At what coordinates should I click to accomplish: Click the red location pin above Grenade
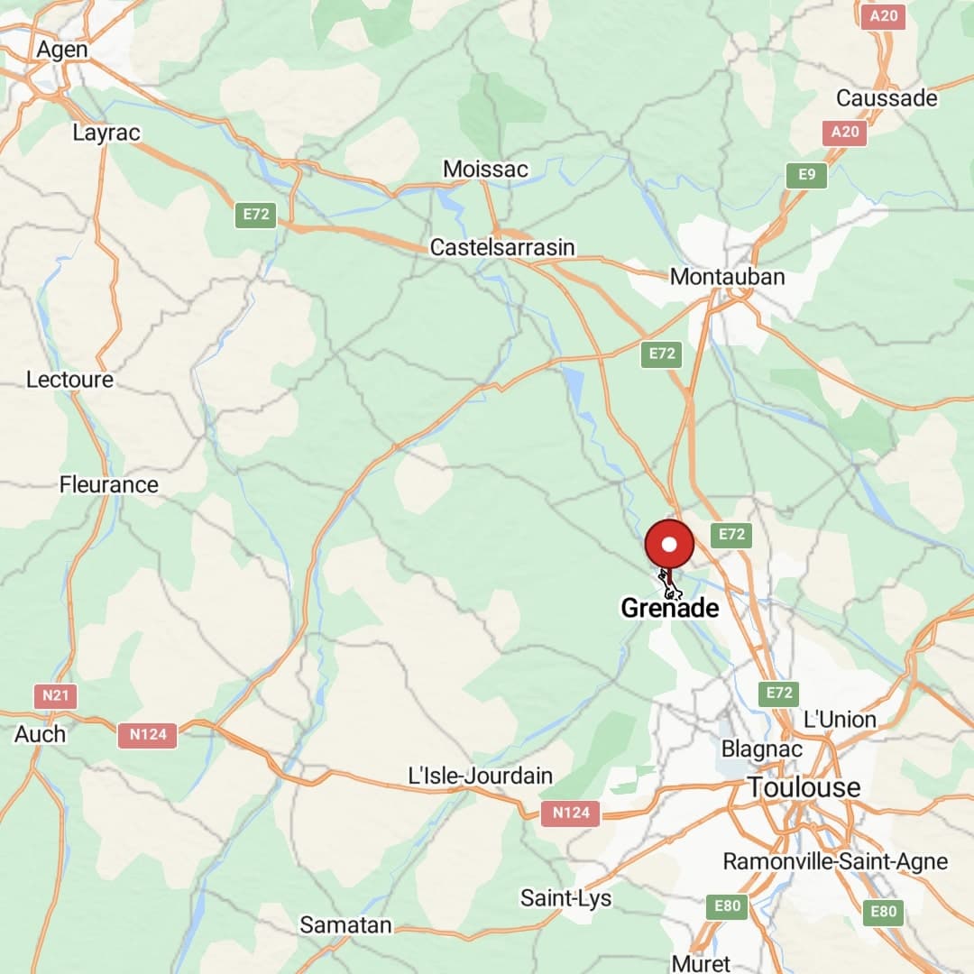[x=669, y=545]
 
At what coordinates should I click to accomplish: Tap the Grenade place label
[x=670, y=608]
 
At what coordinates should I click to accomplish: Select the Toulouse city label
[x=804, y=787]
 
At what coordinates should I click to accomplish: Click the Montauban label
[x=727, y=277]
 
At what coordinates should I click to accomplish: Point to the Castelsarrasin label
[x=502, y=247]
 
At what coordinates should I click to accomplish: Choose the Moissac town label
[x=485, y=169]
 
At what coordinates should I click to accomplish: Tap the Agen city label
[x=62, y=50]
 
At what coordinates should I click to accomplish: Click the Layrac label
[x=106, y=133]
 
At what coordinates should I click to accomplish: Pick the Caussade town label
[x=887, y=97]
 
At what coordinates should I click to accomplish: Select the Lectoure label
[x=69, y=380]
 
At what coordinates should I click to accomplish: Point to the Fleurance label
[x=108, y=484]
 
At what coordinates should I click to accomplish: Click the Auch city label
[x=41, y=734]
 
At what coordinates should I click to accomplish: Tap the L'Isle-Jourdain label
[x=481, y=775]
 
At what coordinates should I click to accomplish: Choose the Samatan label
[x=345, y=924]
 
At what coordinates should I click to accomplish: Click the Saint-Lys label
[x=565, y=898]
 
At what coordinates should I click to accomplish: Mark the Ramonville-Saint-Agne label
[x=835, y=861]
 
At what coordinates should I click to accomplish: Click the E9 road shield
[x=806, y=174]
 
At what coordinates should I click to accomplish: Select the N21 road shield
[x=55, y=696]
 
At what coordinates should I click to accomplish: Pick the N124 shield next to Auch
[x=148, y=734]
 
